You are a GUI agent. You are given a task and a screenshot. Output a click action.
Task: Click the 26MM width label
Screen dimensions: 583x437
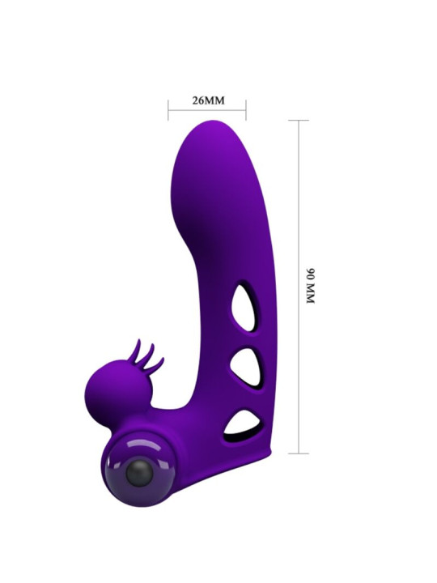207,101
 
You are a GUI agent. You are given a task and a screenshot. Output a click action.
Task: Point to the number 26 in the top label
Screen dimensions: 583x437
198,101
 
